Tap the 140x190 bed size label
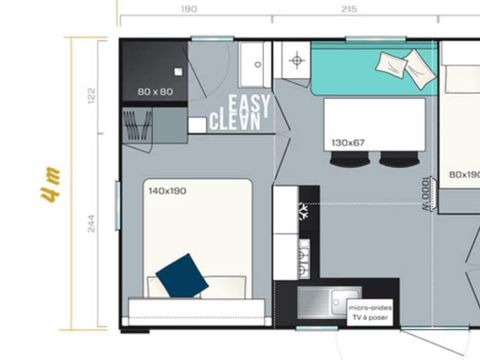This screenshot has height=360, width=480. coord(167,190)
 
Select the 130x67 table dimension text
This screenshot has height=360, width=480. coord(348,144)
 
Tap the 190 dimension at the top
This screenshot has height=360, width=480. coord(188,8)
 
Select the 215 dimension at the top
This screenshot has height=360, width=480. coord(348,8)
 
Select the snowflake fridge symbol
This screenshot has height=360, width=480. coord(301,211)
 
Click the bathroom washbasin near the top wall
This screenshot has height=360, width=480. coord(256,63)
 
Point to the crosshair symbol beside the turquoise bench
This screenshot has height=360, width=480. coord(295,61)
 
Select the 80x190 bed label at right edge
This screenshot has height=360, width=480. coord(463,175)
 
